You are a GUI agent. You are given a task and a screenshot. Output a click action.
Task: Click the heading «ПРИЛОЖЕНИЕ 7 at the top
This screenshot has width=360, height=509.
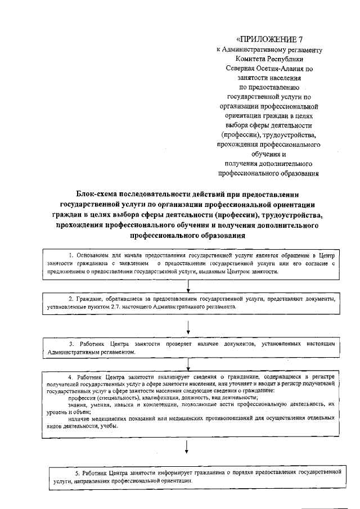point(269,39)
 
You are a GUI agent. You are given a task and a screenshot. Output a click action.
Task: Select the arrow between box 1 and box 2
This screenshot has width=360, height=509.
point(188,286)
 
